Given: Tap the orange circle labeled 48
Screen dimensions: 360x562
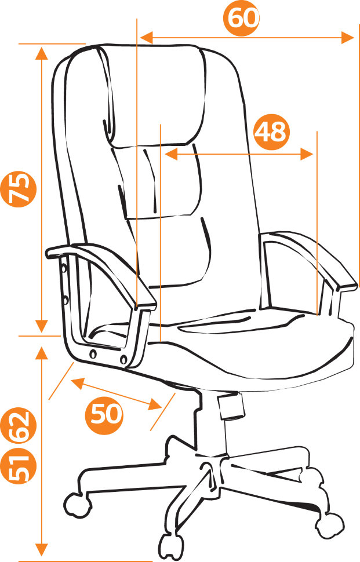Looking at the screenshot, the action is coord(271,132).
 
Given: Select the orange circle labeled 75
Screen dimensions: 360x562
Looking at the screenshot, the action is coord(19,188).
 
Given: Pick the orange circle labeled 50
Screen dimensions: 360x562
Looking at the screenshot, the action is coord(104,414).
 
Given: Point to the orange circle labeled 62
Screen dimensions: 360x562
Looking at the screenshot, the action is coord(19,426).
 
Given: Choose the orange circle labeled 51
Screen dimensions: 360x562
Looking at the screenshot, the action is coord(19,466).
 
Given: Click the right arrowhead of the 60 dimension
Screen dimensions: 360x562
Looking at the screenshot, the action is coord(348,37).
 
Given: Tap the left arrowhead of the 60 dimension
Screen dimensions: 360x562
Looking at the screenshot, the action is coord(146,37).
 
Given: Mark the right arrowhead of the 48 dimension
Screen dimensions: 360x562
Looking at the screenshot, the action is coord(307,154).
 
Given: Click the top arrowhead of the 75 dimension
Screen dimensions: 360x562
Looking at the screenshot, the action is coord(42,53).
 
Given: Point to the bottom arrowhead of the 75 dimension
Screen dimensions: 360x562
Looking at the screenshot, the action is coord(42,326).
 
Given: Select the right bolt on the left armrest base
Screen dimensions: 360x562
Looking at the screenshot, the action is coord(123,359).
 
